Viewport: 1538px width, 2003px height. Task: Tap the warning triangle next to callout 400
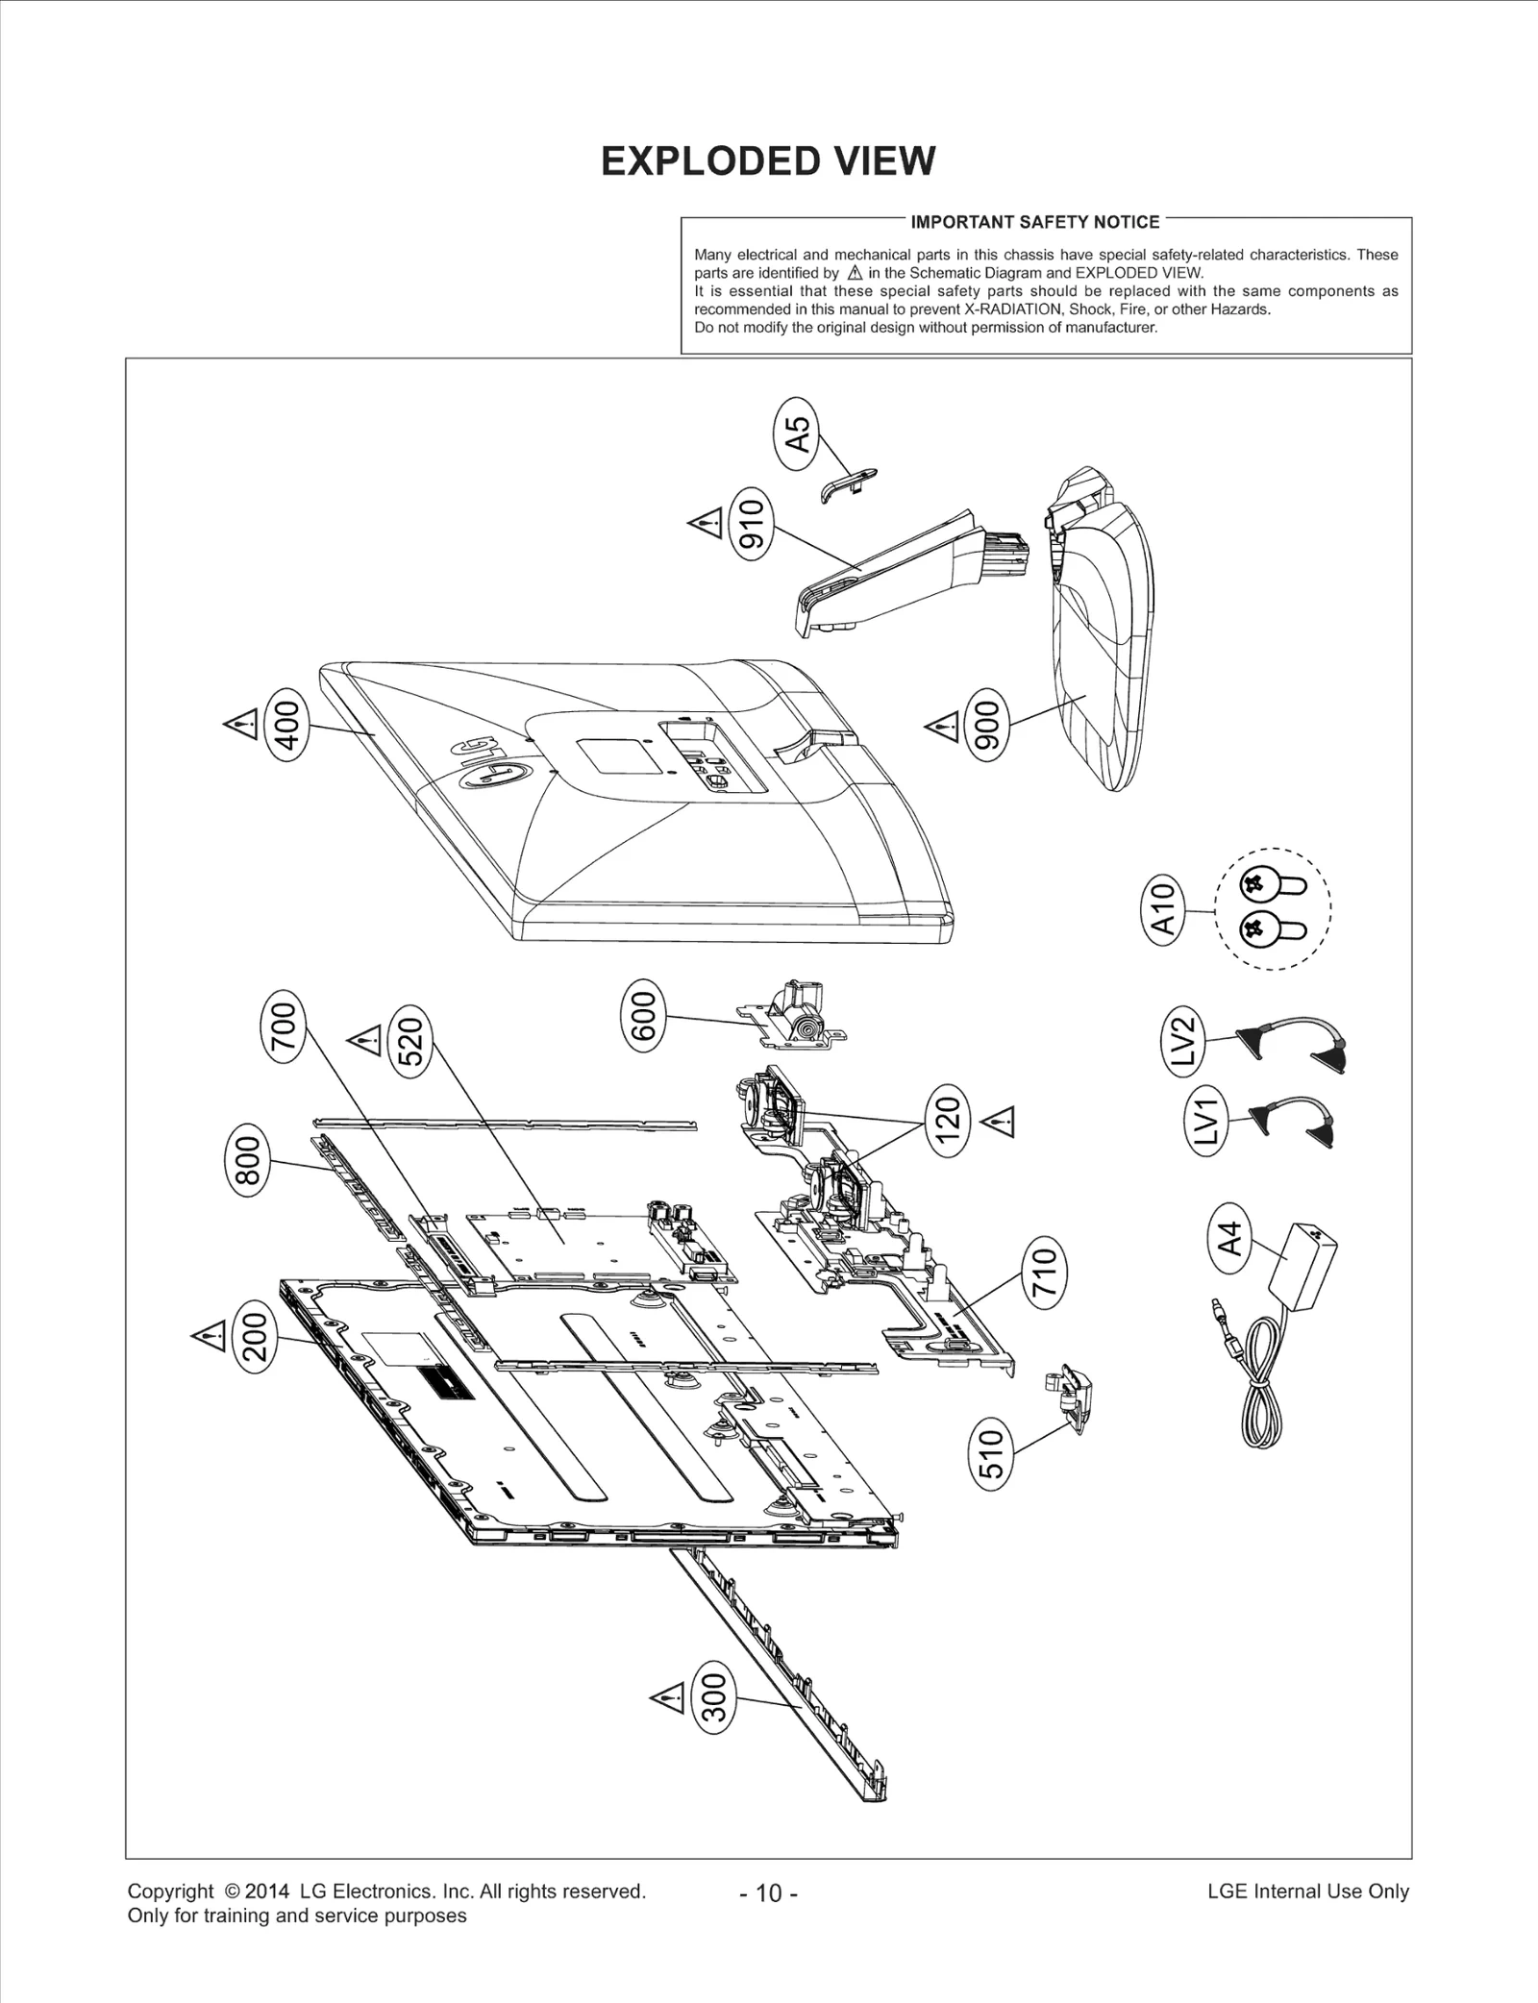pos(239,723)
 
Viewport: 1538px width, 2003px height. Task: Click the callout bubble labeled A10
pos(1163,909)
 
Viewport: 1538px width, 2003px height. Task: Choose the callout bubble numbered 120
pos(948,1120)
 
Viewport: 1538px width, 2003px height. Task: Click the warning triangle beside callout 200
pos(208,1335)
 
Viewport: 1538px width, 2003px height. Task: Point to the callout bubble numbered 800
pos(247,1163)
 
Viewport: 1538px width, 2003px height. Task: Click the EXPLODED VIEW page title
pos(767,161)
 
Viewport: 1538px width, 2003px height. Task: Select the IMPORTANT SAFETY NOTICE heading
pos(1034,222)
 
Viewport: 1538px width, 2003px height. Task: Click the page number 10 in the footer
pos(769,1892)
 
